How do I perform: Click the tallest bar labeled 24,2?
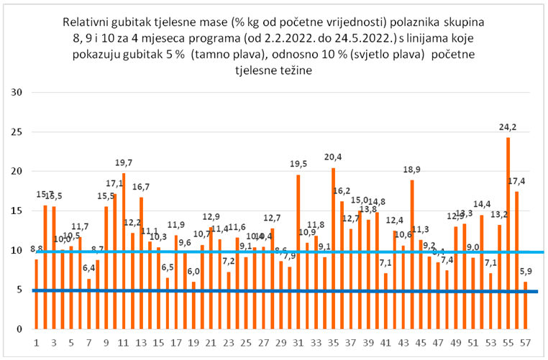pyautogui.click(x=508, y=230)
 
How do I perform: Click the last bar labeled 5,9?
pyautogui.click(x=525, y=305)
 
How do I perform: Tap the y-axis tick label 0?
pyautogui.click(x=22, y=329)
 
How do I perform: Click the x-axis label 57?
pyautogui.click(x=525, y=343)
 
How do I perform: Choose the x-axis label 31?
pyautogui.click(x=298, y=343)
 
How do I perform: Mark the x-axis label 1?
pyautogui.click(x=36, y=343)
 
